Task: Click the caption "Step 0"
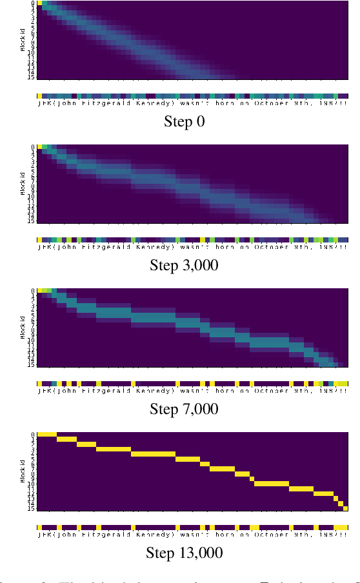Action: [185, 121]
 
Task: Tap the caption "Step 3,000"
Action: [184, 265]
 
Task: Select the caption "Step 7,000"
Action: [184, 409]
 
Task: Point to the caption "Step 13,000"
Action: [185, 553]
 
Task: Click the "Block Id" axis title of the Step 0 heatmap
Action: [23, 41]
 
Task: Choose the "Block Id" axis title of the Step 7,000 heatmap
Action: [23, 328]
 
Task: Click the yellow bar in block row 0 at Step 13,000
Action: [47, 435]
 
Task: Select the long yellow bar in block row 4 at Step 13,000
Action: [153, 454]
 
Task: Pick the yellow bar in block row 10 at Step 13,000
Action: [271, 483]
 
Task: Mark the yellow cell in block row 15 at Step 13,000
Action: [346, 508]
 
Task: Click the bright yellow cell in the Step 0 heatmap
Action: [40, 3]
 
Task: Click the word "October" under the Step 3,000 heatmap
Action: [271, 246]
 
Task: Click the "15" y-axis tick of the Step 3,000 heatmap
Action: [32, 221]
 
